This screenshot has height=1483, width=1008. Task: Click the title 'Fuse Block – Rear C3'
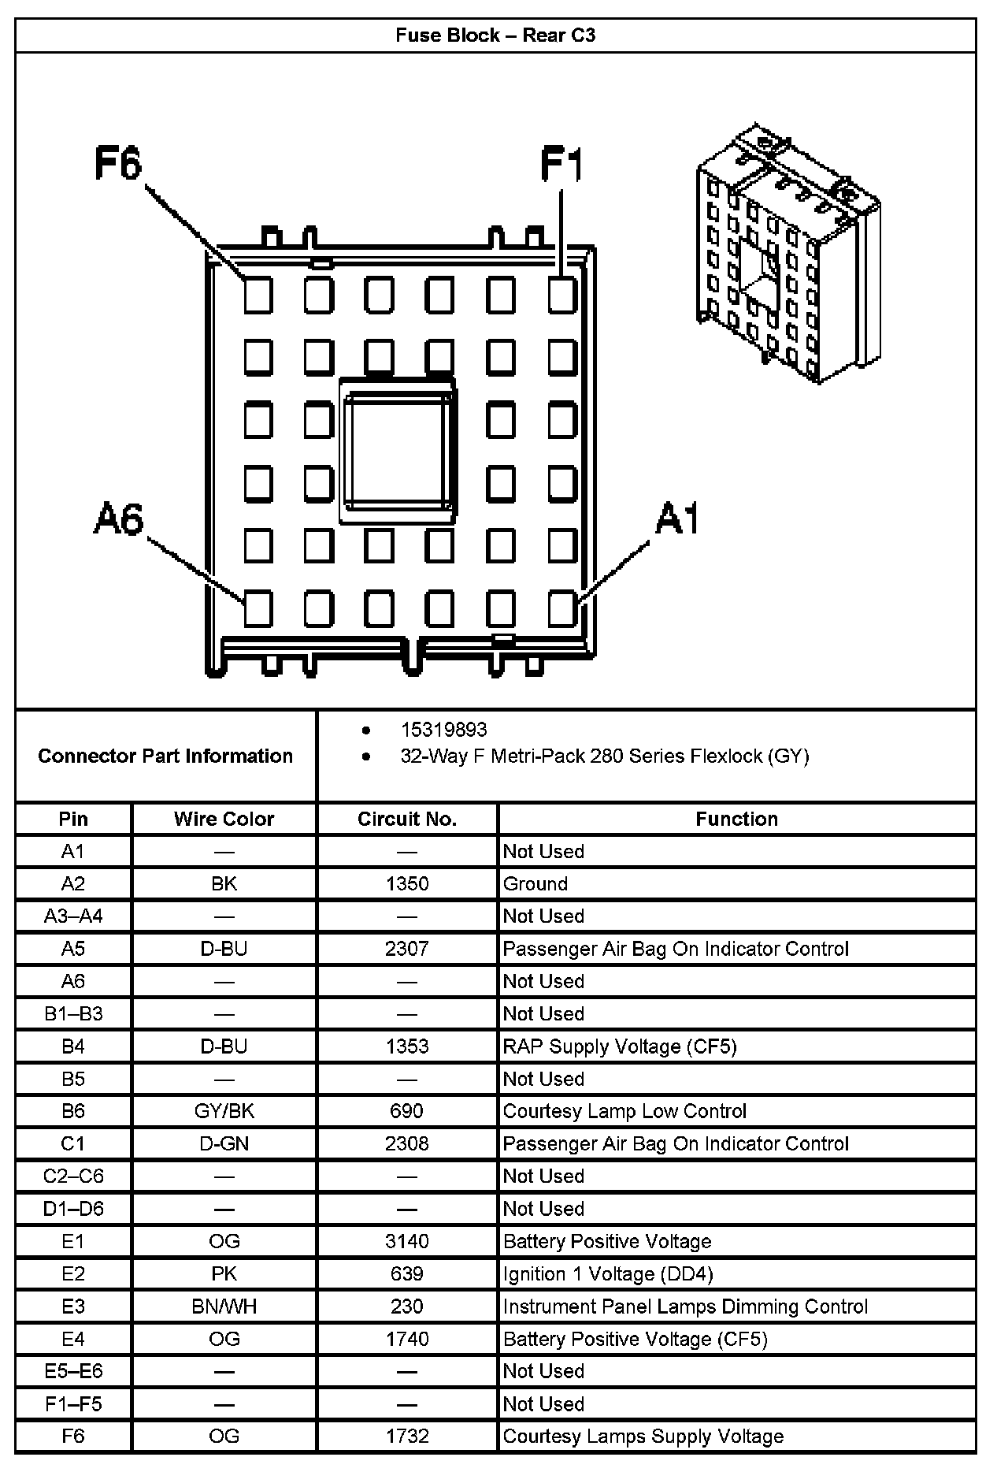[495, 35]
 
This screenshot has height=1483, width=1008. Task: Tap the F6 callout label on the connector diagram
[118, 164]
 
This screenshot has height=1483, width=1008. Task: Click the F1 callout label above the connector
[561, 165]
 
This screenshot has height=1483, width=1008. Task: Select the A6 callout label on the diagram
[119, 520]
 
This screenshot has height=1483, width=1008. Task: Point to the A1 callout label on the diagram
[677, 520]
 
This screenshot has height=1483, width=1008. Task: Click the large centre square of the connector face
[398, 450]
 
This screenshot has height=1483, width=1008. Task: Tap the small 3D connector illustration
[787, 252]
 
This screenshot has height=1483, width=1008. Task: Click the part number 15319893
[443, 730]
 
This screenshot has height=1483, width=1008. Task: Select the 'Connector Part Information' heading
[165, 756]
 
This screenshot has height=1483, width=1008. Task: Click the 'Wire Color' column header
[224, 820]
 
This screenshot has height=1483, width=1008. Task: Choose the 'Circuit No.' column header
[407, 820]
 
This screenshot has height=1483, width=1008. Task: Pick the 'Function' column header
[736, 820]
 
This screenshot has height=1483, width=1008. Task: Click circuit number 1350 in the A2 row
[407, 884]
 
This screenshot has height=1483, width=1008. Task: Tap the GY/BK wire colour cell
[224, 1111]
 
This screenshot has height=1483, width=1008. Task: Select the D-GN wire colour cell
[224, 1143]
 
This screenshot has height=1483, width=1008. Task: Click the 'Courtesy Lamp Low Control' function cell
[624, 1111]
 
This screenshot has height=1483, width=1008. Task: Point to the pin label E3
[73, 1306]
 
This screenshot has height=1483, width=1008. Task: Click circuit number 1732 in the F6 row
[407, 1437]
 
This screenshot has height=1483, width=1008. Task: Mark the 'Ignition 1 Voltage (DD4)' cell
[608, 1274]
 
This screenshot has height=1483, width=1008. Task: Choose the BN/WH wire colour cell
[224, 1306]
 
